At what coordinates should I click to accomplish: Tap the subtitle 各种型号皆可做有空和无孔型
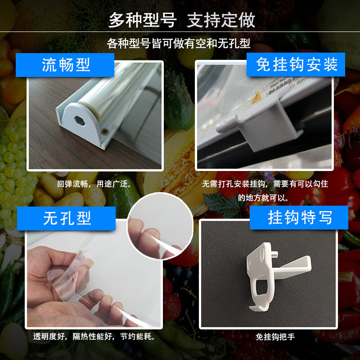179,44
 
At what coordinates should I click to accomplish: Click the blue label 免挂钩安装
297,64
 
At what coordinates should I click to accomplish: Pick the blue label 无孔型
67,218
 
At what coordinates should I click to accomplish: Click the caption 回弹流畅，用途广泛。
94,184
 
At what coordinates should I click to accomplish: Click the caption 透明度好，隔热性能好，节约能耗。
94,336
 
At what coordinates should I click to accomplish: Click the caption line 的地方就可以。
263,197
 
